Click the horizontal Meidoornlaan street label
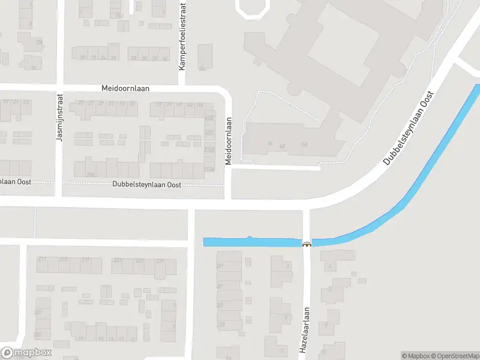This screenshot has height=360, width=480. coord(125,88)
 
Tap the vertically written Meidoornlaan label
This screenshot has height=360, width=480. coord(228,141)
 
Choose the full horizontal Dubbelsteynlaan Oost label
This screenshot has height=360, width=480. coord(146,185)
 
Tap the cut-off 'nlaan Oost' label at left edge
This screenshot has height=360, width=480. coord(16,181)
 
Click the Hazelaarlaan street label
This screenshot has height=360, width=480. coord(305,329)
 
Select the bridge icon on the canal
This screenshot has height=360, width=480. coord(307,244)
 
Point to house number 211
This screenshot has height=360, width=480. coord(42,259)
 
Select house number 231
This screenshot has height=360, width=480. coord(160,261)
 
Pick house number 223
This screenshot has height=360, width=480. coord(118,260)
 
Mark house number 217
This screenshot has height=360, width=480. coord(85,259)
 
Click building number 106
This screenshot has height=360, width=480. coord(304,144)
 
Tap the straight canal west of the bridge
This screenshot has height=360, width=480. coord(252,242)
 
